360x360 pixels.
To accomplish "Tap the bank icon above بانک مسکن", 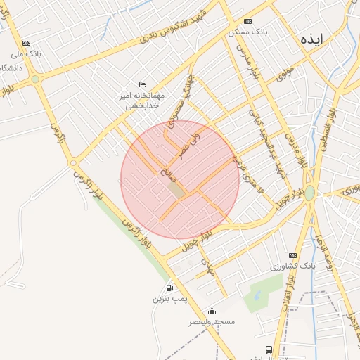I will tap(247, 21).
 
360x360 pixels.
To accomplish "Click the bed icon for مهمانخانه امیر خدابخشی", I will tap(143, 84).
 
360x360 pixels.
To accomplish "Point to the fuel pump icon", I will tap(169, 288).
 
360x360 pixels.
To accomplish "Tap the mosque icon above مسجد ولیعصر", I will tap(212, 311).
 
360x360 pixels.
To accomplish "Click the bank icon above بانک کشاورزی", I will tap(293, 256).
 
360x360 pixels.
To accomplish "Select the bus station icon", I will tap(269, 349).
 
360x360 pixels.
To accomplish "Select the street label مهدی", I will tap(206, 266).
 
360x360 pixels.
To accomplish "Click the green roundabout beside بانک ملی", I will tap(35, 79).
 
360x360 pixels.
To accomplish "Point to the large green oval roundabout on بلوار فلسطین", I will tap(310, 192).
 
